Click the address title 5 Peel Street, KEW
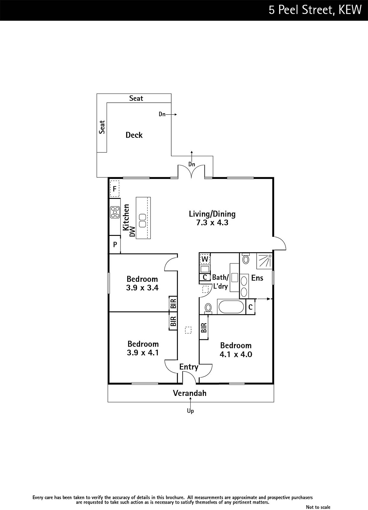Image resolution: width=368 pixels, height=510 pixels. [x=315, y=10]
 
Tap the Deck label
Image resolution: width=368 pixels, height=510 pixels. [x=134, y=135]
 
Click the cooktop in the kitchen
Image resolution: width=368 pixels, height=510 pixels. [x=115, y=212]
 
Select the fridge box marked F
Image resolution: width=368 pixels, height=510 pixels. [x=114, y=189]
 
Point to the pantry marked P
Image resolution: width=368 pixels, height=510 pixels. [x=115, y=244]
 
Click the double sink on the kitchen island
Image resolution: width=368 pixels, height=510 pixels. [x=143, y=220]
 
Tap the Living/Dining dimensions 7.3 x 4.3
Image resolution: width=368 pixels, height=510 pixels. [x=212, y=222]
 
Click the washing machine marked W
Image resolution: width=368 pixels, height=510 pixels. [x=205, y=259]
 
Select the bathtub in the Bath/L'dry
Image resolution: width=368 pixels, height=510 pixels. [x=231, y=307]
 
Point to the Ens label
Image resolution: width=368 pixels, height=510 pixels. [x=257, y=278]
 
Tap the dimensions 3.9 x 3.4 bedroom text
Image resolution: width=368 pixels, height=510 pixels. [x=142, y=288]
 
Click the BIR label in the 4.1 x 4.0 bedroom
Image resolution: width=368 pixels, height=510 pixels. [x=204, y=328]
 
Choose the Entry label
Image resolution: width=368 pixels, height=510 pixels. [x=189, y=367]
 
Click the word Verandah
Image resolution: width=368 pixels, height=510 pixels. [x=190, y=393]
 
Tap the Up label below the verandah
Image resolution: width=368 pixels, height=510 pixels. [x=190, y=411]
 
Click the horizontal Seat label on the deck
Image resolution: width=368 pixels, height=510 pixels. [x=136, y=98]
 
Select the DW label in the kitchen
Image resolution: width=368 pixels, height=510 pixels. [x=132, y=232]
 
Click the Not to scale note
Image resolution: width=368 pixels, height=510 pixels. [x=318, y=507]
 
